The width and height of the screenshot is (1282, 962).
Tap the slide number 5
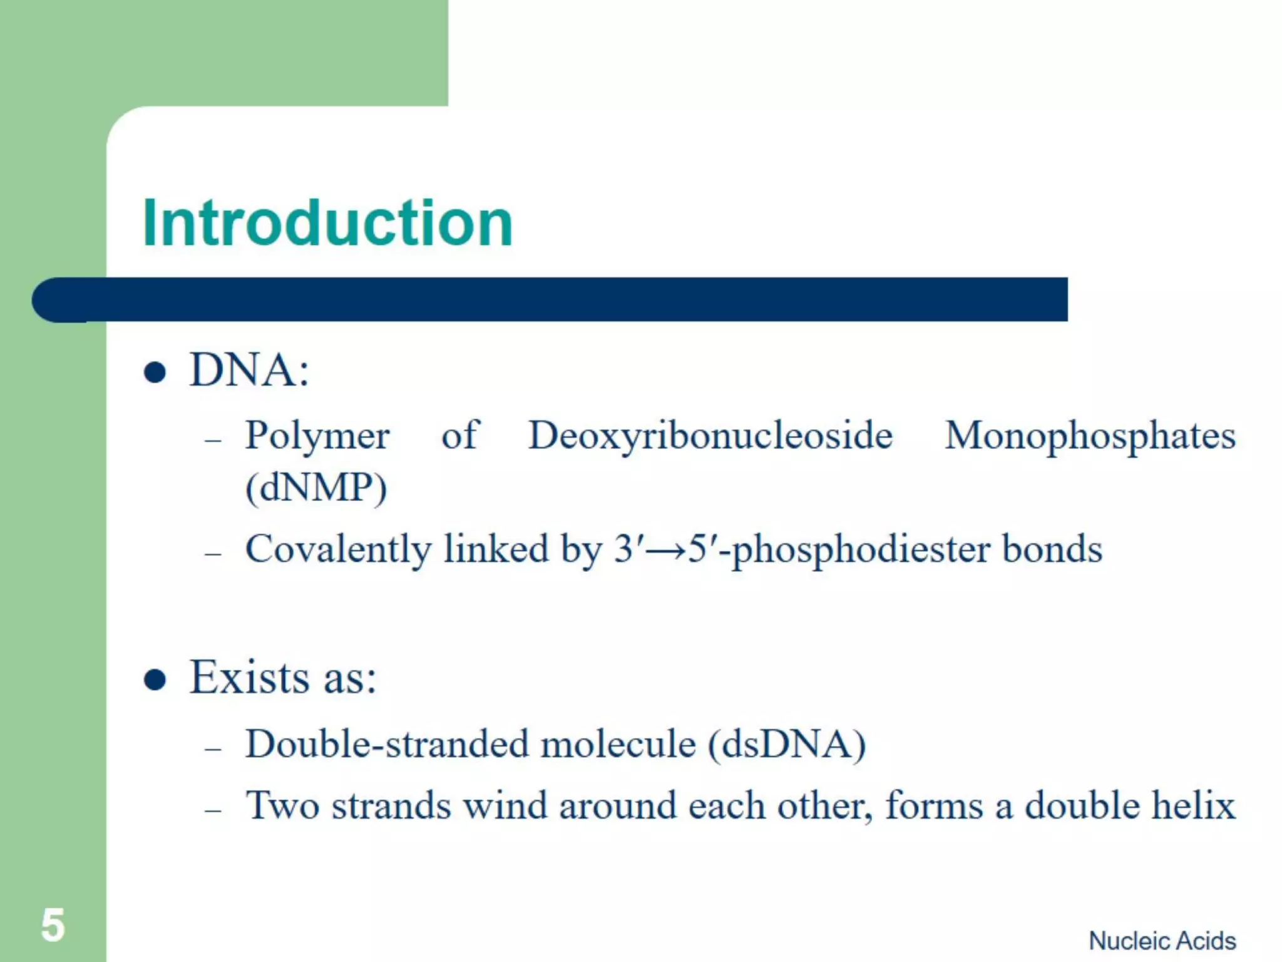pyautogui.click(x=53, y=925)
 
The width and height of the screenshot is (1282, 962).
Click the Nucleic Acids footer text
pyautogui.click(x=1162, y=941)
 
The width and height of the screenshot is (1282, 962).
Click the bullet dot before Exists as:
pyautogui.click(x=155, y=680)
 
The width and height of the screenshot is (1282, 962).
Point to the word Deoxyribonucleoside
pyautogui.click(x=710, y=435)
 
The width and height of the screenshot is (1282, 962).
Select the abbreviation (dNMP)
pyautogui.click(x=316, y=488)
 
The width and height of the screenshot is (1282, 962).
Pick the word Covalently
pyautogui.click(x=338, y=550)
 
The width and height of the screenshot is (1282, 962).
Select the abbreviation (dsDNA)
pyautogui.click(x=787, y=745)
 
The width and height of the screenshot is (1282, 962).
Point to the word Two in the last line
pyautogui.click(x=282, y=805)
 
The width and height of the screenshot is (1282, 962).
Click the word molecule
pyautogui.click(x=618, y=745)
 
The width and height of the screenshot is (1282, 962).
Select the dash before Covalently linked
pyautogui.click(x=213, y=554)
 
